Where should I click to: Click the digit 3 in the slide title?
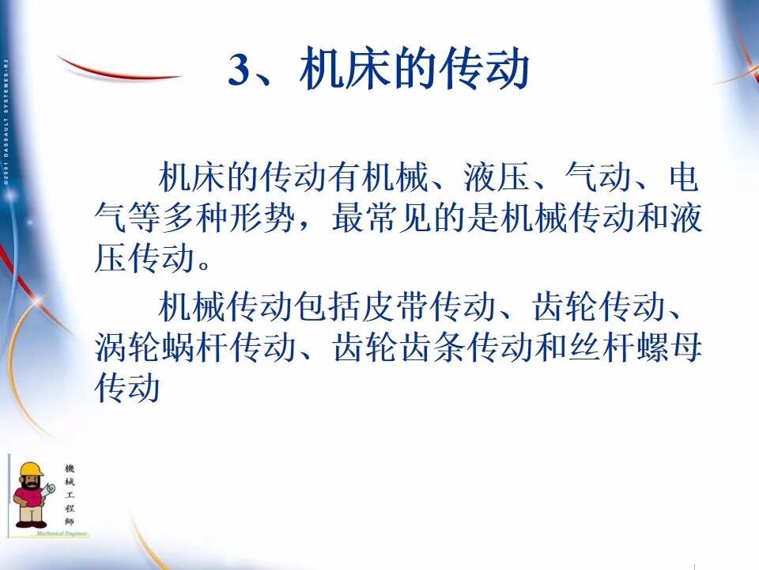pyautogui.click(x=239, y=72)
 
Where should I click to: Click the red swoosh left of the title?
pyautogui.click(x=119, y=72)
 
